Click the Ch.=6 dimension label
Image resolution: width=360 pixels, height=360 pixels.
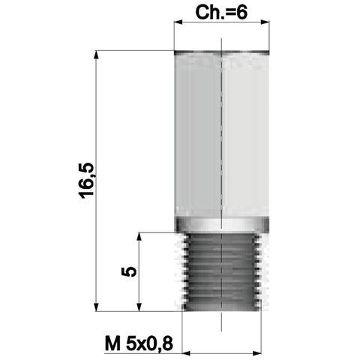[221, 13]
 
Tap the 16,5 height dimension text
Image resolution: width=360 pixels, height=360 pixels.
[87, 181]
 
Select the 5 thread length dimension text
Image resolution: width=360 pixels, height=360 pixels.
[129, 271]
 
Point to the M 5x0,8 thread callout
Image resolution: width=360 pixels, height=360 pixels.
[139, 343]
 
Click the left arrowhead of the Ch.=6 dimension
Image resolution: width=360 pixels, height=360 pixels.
[178, 22]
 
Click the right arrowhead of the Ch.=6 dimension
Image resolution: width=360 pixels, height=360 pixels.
[265, 22]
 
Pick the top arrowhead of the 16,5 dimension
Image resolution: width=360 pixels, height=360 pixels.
[96, 55]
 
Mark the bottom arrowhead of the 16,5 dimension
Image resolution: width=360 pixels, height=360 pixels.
[96, 307]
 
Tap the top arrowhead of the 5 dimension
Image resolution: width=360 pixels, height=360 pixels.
[139, 237]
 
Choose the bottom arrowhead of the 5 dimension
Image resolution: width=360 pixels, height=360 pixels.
[139, 307]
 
